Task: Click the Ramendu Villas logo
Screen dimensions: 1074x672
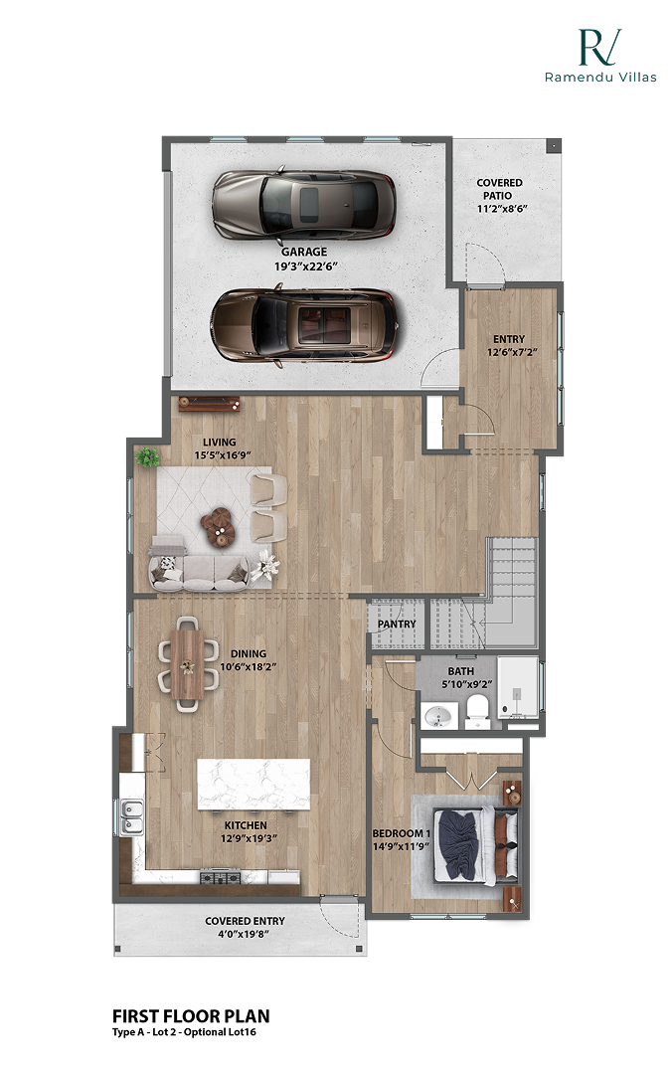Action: click(x=599, y=55)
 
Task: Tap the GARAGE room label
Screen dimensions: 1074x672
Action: click(x=303, y=253)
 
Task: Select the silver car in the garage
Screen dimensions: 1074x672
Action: click(x=303, y=203)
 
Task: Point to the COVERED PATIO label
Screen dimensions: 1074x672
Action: click(x=499, y=189)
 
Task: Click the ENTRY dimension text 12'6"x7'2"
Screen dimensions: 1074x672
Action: click(x=508, y=353)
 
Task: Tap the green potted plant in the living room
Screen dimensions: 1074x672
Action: click(x=148, y=457)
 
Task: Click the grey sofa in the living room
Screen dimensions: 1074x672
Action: click(x=199, y=569)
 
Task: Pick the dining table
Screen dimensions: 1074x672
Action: click(x=186, y=663)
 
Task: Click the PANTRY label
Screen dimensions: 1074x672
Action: click(x=397, y=625)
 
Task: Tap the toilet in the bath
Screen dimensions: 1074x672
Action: click(x=478, y=710)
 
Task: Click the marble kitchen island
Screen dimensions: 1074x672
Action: click(x=253, y=784)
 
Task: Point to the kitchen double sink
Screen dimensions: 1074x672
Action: click(x=130, y=817)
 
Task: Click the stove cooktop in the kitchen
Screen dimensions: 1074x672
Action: click(x=220, y=877)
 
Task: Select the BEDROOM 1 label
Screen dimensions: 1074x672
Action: click(x=401, y=833)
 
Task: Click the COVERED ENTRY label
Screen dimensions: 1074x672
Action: click(x=245, y=921)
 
